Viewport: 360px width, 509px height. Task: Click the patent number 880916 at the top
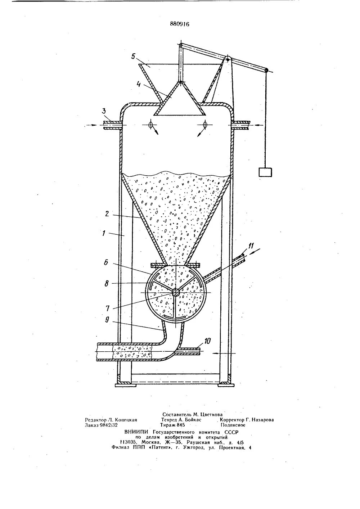(x=179, y=24)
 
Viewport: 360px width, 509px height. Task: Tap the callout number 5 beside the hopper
(x=133, y=57)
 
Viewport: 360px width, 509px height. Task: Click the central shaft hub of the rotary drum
(x=176, y=292)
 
